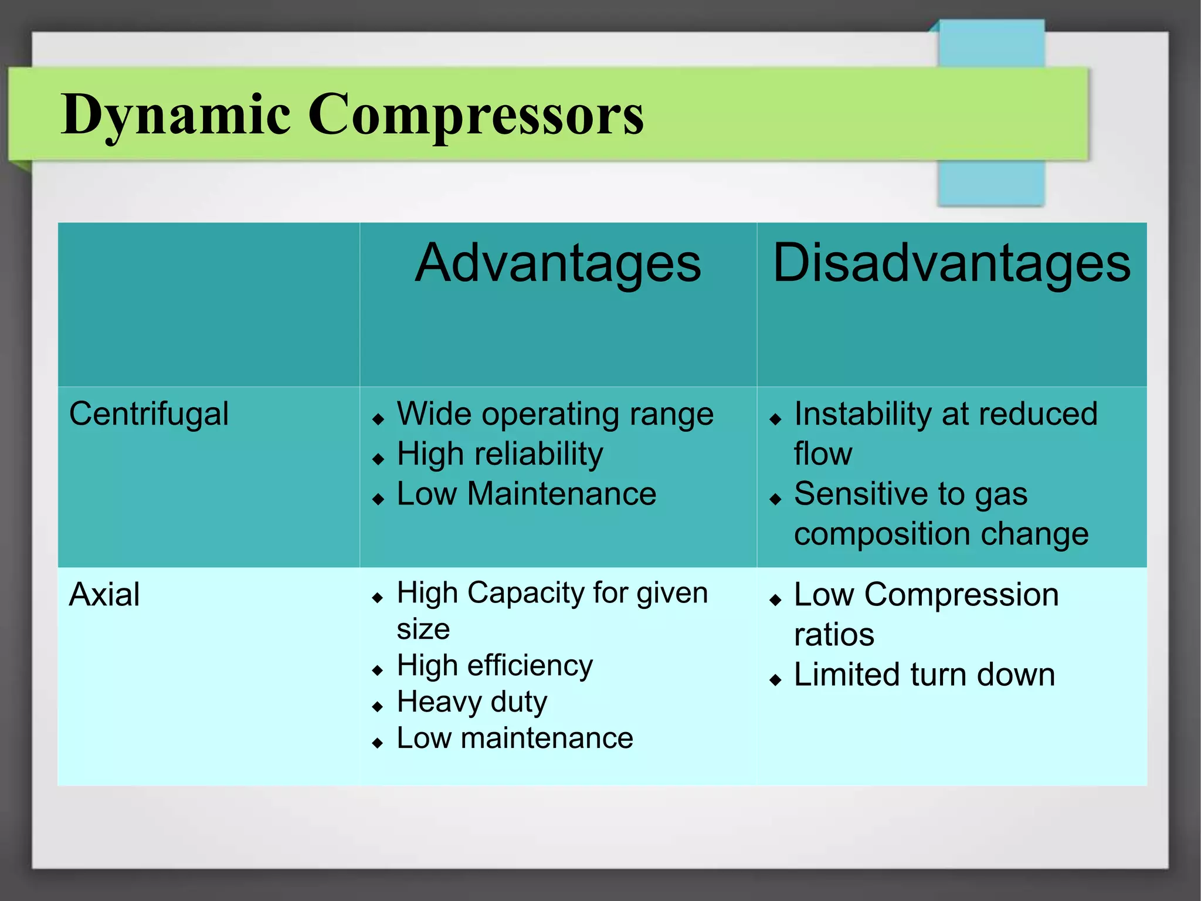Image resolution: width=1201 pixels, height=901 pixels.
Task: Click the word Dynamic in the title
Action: pos(176,114)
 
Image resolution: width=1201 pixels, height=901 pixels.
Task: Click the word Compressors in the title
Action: pos(476,114)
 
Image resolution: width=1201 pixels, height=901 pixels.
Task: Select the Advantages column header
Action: pos(558,263)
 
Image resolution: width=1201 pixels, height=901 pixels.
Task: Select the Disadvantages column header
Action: pos(951,263)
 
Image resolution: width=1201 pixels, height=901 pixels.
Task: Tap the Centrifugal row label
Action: pos(149,414)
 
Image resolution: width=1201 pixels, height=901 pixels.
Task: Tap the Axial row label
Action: pos(104,595)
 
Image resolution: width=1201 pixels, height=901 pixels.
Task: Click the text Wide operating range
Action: pos(555,415)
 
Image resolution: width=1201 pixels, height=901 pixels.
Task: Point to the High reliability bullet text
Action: pos(500,455)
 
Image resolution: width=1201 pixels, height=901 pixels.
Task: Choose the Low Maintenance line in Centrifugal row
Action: pos(526,494)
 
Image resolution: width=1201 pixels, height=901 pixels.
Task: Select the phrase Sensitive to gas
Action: pos(910,494)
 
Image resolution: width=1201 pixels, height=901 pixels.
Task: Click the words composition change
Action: pos(941,534)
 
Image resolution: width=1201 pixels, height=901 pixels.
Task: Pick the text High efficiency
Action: pos(494,666)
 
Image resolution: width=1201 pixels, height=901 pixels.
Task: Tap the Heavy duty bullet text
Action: pos(471,702)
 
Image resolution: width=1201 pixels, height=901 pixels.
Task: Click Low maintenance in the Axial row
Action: pos(514,738)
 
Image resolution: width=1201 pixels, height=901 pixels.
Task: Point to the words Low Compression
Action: pos(926,595)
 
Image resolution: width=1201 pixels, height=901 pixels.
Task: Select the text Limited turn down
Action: pos(924,675)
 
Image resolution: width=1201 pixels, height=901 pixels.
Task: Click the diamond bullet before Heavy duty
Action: pos(378,707)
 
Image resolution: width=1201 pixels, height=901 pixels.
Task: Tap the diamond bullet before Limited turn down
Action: pos(775,680)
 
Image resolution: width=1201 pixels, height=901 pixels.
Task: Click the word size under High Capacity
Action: pos(423,629)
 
